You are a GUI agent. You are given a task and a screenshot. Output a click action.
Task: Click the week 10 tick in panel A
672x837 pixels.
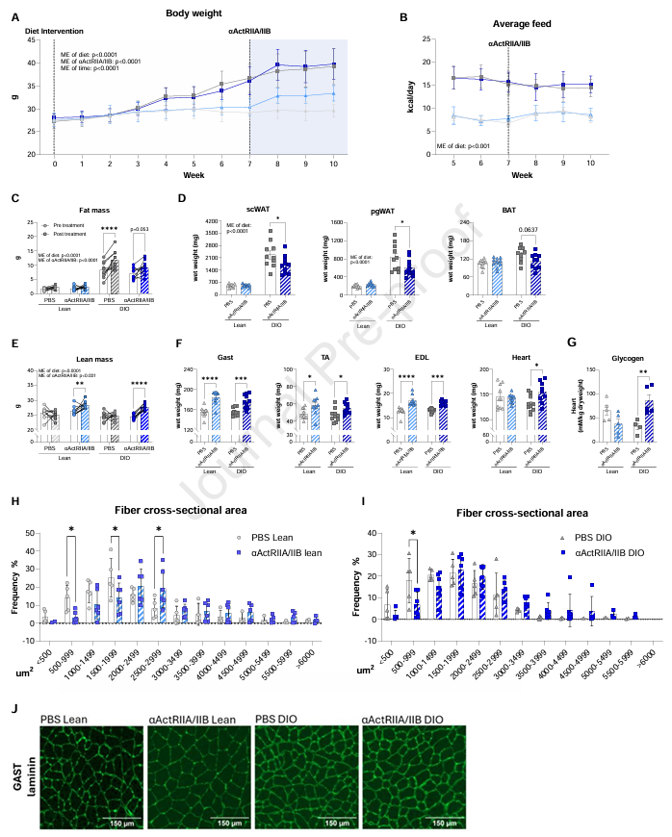coord(333,164)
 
